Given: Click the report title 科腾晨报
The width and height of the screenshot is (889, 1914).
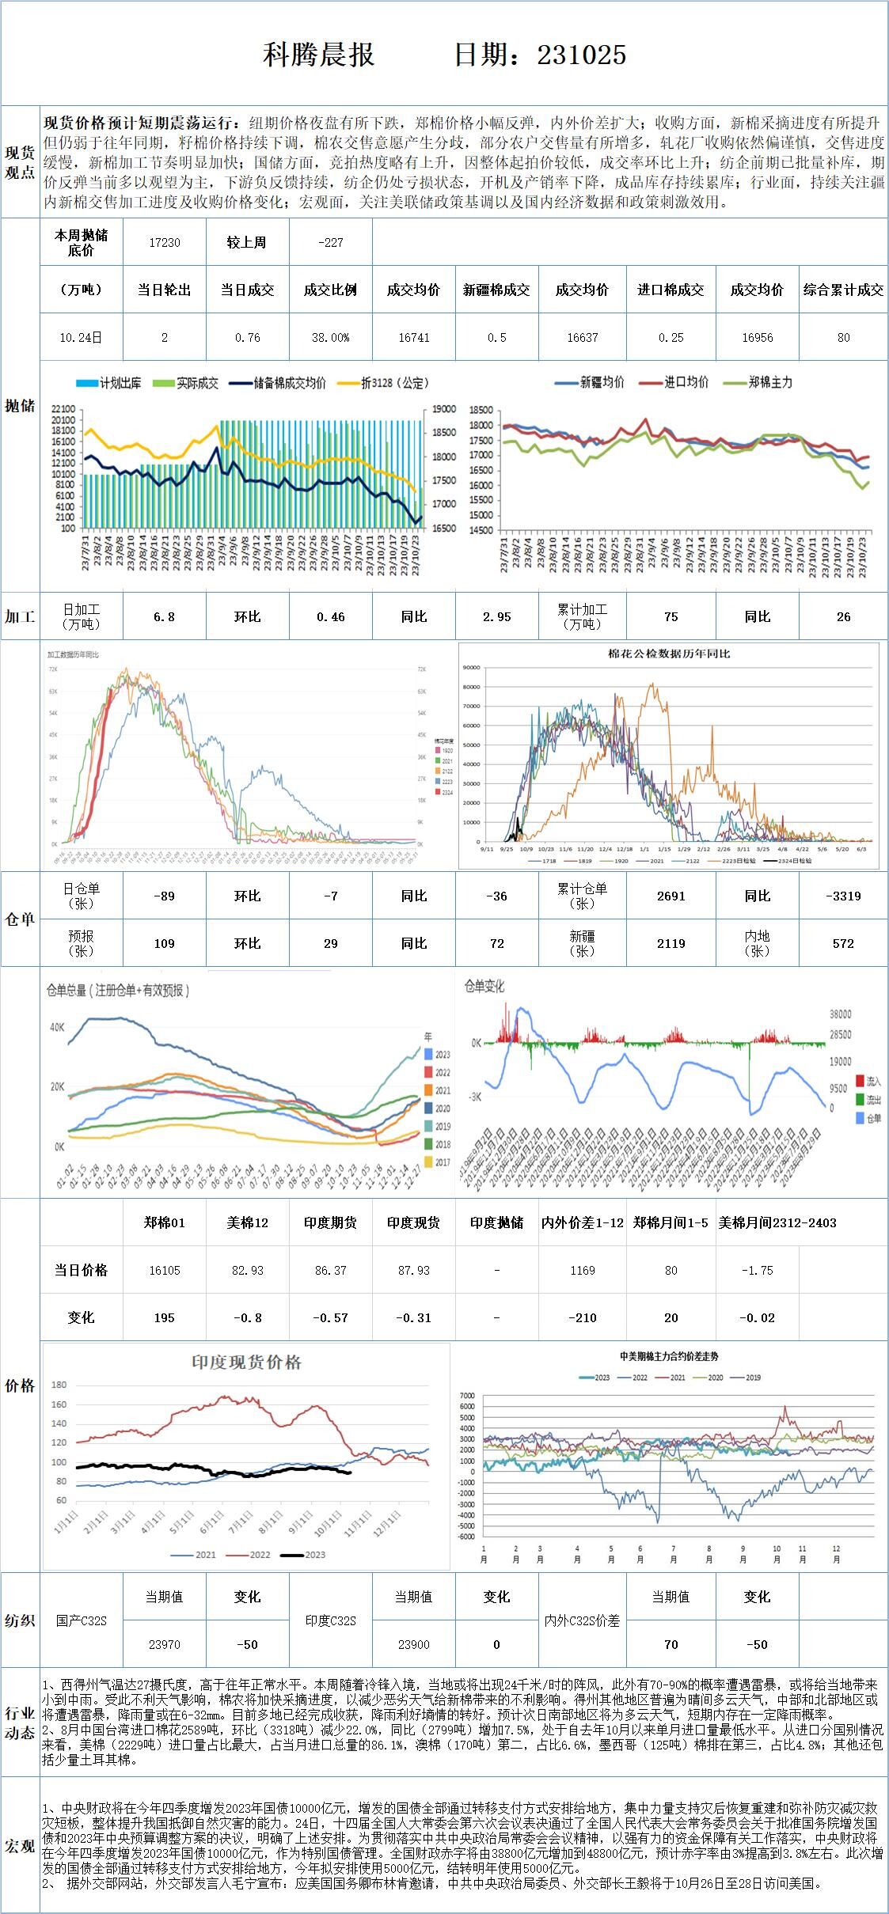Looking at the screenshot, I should coord(318,55).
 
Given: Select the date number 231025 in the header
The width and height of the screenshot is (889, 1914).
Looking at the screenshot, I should coord(582,55).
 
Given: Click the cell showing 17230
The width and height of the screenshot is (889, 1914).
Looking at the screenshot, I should coord(165,243).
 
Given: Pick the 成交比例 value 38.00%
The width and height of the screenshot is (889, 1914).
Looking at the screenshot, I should coord(330,338).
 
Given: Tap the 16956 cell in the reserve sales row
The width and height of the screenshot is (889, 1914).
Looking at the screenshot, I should coord(757,338).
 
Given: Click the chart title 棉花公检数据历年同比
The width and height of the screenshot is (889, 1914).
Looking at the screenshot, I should coord(669,654).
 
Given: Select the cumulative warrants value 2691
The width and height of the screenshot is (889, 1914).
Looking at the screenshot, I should coord(671,896).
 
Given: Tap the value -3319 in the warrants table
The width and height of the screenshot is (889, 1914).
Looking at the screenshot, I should coord(843,896).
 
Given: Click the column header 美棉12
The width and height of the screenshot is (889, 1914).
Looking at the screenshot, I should coord(247,1223).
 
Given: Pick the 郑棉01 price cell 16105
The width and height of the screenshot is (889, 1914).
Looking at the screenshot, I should coord(165,1271).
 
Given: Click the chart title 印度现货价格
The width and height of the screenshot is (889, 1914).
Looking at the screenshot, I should coord(246,1363).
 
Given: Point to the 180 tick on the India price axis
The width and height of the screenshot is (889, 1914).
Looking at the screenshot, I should coord(59,1385).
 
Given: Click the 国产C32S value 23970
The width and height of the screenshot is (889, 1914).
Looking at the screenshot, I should coord(165,1644).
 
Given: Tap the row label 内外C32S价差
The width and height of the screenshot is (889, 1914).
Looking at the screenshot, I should coord(582,1620).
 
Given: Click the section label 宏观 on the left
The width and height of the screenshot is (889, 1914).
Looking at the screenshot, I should coord(20,1846).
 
